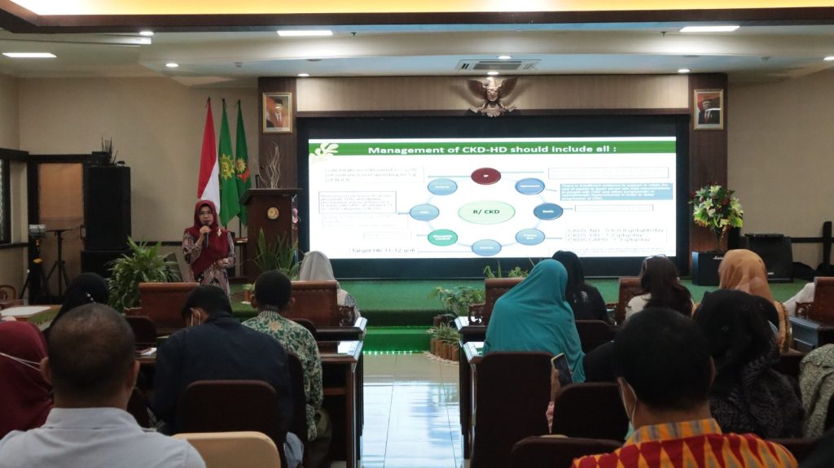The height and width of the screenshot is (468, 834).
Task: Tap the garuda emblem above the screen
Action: click(492, 94)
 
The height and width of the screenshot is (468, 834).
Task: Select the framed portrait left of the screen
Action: click(277, 112)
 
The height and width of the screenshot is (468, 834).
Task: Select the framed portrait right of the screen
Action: click(708, 109)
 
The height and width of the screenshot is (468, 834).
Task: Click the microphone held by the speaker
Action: click(206, 234)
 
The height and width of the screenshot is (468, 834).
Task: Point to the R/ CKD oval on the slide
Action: click(486, 212)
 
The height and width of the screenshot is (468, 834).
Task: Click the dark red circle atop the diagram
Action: click(485, 176)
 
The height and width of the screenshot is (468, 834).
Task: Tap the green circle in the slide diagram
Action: click(442, 237)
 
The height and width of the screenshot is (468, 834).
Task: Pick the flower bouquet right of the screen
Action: click(716, 208)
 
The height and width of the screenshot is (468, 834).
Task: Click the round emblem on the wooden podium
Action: click(273, 213)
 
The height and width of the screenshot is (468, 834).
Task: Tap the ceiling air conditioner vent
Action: click(497, 64)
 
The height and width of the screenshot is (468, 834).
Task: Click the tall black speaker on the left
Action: click(107, 208)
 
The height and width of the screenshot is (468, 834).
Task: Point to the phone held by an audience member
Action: click(561, 368)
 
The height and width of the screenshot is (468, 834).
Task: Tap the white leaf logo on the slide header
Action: click(326, 150)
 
